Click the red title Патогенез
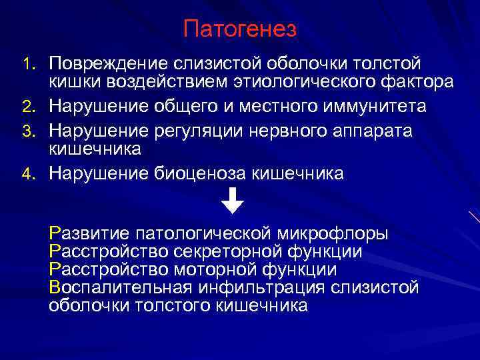coord(240,30)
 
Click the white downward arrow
coord(233,201)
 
